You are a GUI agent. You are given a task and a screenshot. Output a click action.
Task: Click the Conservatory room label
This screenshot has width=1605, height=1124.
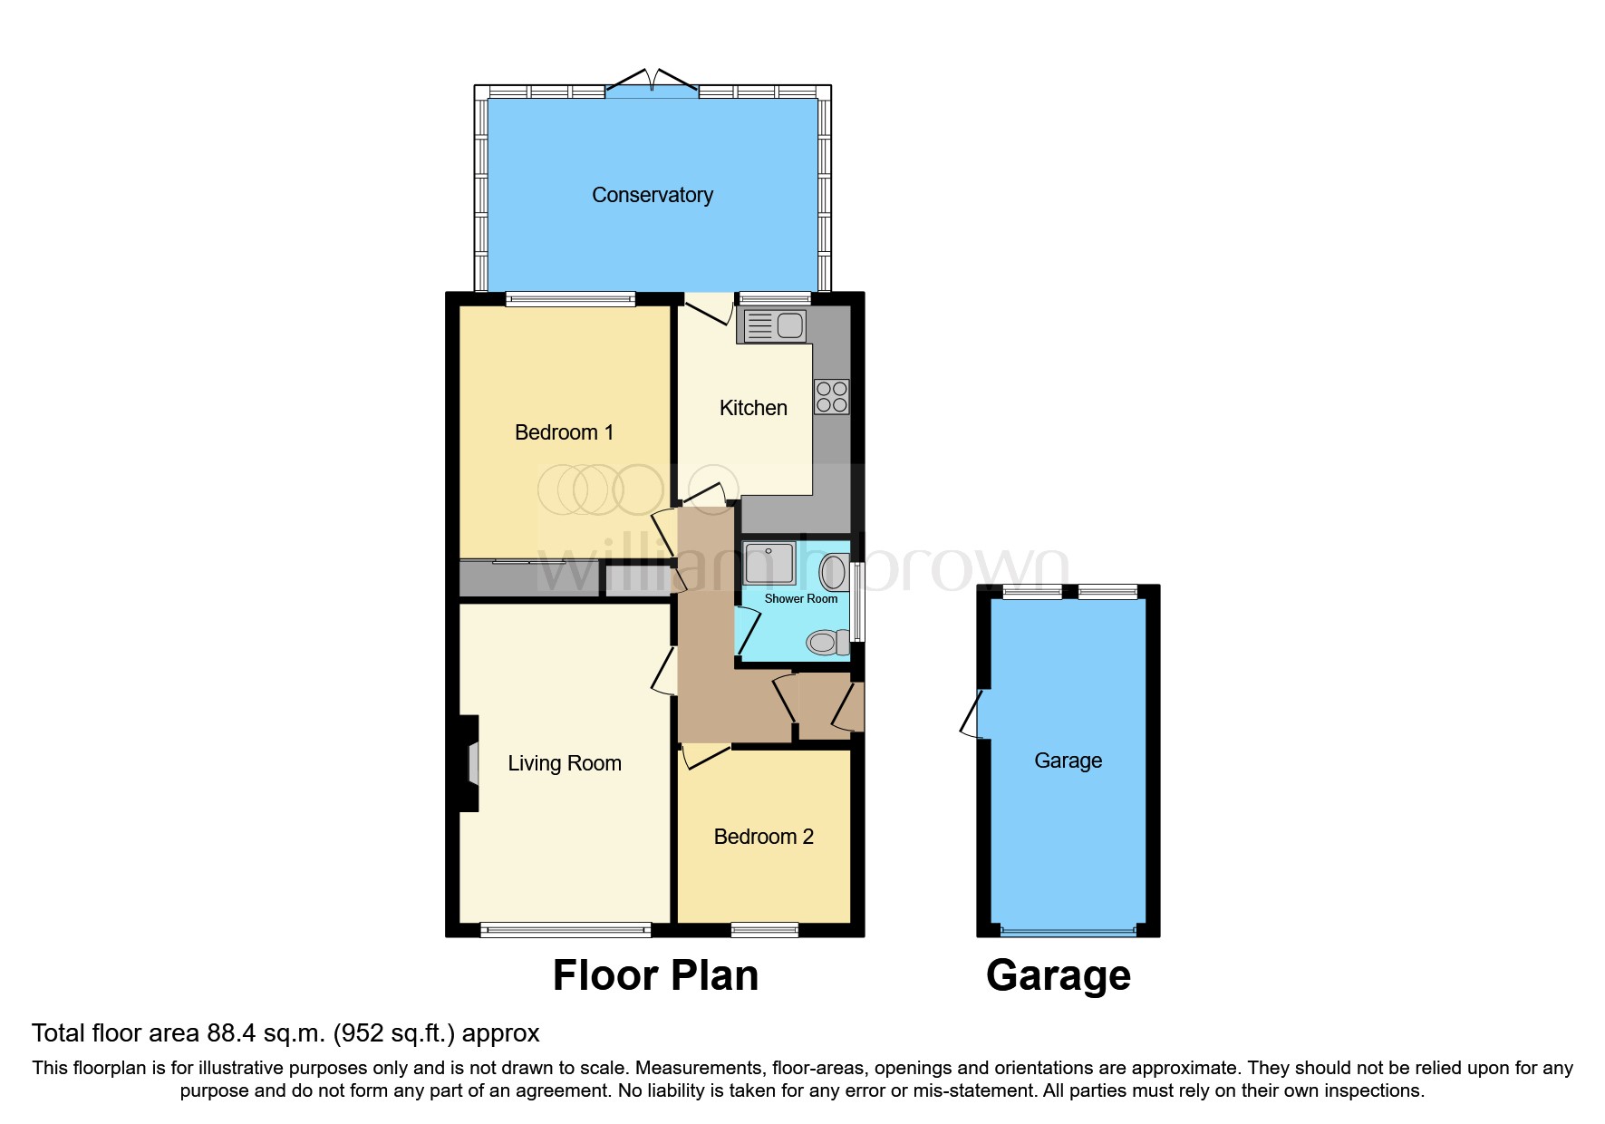pyautogui.click(x=652, y=195)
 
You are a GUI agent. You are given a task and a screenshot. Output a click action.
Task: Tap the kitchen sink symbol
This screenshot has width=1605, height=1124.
pyautogui.click(x=774, y=325)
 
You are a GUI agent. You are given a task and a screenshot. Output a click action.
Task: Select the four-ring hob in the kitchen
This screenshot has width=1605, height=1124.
pyautogui.click(x=831, y=397)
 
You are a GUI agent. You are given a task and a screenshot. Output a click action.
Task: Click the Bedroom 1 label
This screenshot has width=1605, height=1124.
pyautogui.click(x=564, y=432)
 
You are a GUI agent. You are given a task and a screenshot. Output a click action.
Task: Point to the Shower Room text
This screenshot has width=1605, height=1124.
pyautogui.click(x=800, y=599)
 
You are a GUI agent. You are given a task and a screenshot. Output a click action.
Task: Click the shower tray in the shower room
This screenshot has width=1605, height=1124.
pyautogui.click(x=769, y=563)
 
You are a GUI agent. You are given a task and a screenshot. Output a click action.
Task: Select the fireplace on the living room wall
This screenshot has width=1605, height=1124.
pyautogui.click(x=470, y=763)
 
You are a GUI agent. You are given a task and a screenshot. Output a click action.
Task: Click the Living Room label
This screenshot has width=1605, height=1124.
pyautogui.click(x=564, y=763)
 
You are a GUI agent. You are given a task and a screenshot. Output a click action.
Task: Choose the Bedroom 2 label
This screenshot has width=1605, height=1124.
pyautogui.click(x=763, y=837)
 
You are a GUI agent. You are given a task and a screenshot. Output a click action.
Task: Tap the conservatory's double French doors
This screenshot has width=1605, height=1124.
pyautogui.click(x=652, y=83)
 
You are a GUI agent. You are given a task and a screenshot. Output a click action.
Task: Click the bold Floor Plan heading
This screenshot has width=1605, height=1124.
pyautogui.click(x=655, y=976)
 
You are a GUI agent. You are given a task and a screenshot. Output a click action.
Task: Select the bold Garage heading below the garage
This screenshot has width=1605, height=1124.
pyautogui.click(x=1058, y=976)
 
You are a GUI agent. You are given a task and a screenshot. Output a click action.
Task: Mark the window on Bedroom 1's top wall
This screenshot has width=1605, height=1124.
pyautogui.click(x=570, y=298)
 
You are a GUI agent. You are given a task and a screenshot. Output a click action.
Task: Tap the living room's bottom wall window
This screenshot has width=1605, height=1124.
pyautogui.click(x=566, y=929)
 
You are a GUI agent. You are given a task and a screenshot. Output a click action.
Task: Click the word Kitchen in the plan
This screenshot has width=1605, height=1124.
pyautogui.click(x=752, y=408)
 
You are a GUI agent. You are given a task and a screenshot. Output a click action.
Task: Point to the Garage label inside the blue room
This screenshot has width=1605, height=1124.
pyautogui.click(x=1068, y=761)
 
